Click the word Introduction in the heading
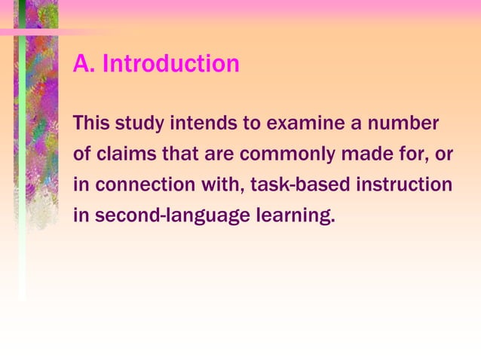coord(170,64)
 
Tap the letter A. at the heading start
coord(84,64)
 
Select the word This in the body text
coord(91,122)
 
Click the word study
coord(140,123)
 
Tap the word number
coord(409,122)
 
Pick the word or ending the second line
coord(444,154)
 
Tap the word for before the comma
coord(414,154)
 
